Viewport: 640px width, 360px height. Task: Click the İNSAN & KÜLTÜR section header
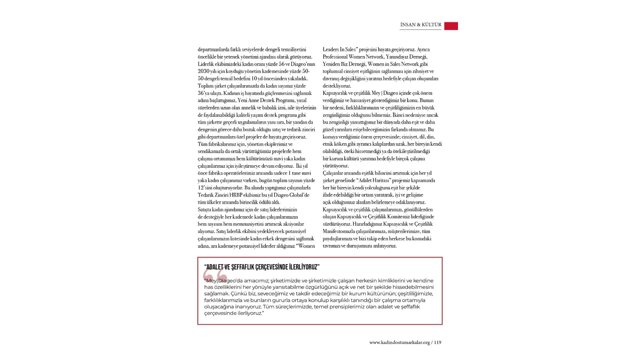click(x=421, y=25)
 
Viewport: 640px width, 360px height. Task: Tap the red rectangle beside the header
click(x=451, y=26)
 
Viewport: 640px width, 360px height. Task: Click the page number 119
click(x=438, y=342)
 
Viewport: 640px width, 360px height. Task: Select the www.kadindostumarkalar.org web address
click(x=399, y=342)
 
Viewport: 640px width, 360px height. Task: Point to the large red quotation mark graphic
click(x=215, y=275)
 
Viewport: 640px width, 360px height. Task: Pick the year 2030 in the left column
click(x=203, y=71)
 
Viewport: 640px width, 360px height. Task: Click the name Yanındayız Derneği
click(x=406, y=57)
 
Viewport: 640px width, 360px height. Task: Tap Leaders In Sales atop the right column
click(x=339, y=49)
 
